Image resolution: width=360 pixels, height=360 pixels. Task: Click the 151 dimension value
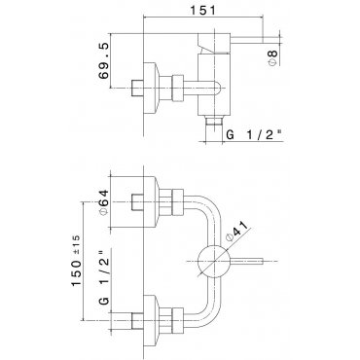point(202,11)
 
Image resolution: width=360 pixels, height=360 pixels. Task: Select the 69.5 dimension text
point(104,60)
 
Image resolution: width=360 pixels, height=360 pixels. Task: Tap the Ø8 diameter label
point(273,57)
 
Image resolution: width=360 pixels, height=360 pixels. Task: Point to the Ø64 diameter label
point(104,202)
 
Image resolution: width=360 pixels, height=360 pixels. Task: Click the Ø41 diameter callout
point(236,231)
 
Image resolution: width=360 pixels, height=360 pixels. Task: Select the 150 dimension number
point(77,272)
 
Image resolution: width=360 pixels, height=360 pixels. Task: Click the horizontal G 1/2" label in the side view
point(254,134)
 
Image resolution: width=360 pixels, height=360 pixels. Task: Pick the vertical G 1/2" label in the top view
point(104,277)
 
